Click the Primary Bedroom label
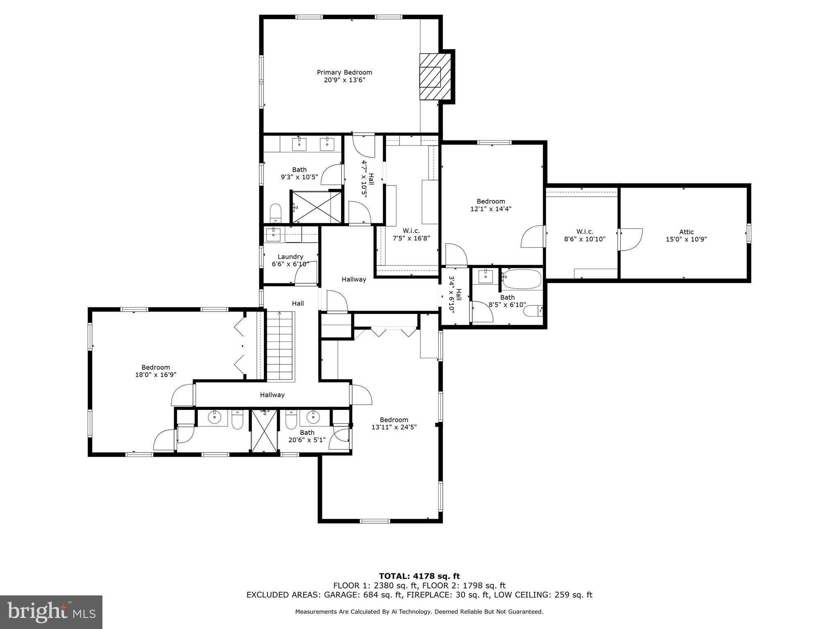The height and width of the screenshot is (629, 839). [x=344, y=72]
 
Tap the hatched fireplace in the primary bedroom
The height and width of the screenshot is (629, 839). [x=434, y=77]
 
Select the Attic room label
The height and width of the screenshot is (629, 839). [x=686, y=232]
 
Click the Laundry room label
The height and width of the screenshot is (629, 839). [x=290, y=257]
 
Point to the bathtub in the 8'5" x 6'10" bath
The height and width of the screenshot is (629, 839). [x=522, y=279]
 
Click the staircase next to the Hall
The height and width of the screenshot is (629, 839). [x=280, y=346]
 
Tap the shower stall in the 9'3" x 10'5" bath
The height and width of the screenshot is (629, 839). [x=316, y=207]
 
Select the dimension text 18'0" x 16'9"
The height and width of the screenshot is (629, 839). [x=156, y=374]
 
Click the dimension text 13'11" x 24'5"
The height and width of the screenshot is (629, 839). [x=394, y=427]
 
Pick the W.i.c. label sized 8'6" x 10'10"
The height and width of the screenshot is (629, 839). [x=585, y=232]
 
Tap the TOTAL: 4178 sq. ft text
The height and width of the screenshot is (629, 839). [x=419, y=576]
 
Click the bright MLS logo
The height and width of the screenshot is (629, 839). [x=51, y=612]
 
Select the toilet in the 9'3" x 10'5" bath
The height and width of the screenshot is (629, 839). [x=276, y=213]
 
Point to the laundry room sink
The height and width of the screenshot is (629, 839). [x=272, y=235]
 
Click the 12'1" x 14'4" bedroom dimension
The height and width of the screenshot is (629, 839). [x=491, y=208]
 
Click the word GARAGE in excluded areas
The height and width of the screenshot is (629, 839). [x=339, y=595]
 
